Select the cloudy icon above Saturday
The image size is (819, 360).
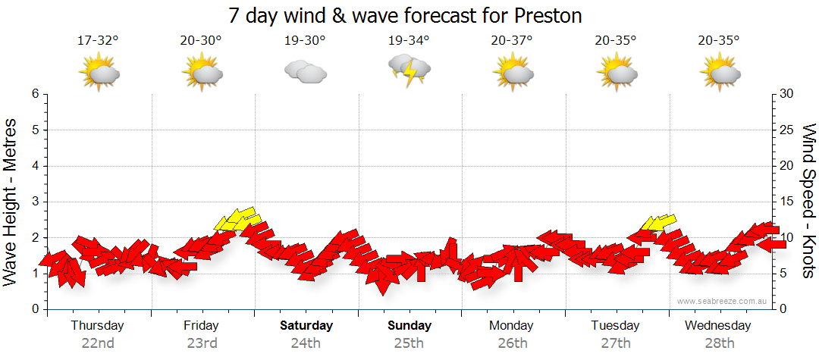click(305, 71)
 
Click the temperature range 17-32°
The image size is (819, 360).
click(98, 41)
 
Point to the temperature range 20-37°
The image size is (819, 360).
click(513, 41)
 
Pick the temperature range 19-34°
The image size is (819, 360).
click(409, 41)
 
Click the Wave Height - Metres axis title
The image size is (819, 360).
click(11, 202)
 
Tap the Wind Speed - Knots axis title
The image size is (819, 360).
click(807, 202)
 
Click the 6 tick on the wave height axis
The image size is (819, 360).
click(35, 94)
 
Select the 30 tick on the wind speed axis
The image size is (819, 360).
click(786, 94)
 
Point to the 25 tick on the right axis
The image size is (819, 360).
click(786, 130)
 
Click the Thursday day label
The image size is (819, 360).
click(97, 326)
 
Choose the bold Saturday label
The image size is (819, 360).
click(306, 326)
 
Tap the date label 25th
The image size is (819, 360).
click(409, 343)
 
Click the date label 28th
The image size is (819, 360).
click(718, 343)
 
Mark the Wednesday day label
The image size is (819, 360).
click(717, 326)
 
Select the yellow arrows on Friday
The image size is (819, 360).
click(237, 219)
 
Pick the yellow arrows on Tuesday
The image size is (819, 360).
click(657, 222)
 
